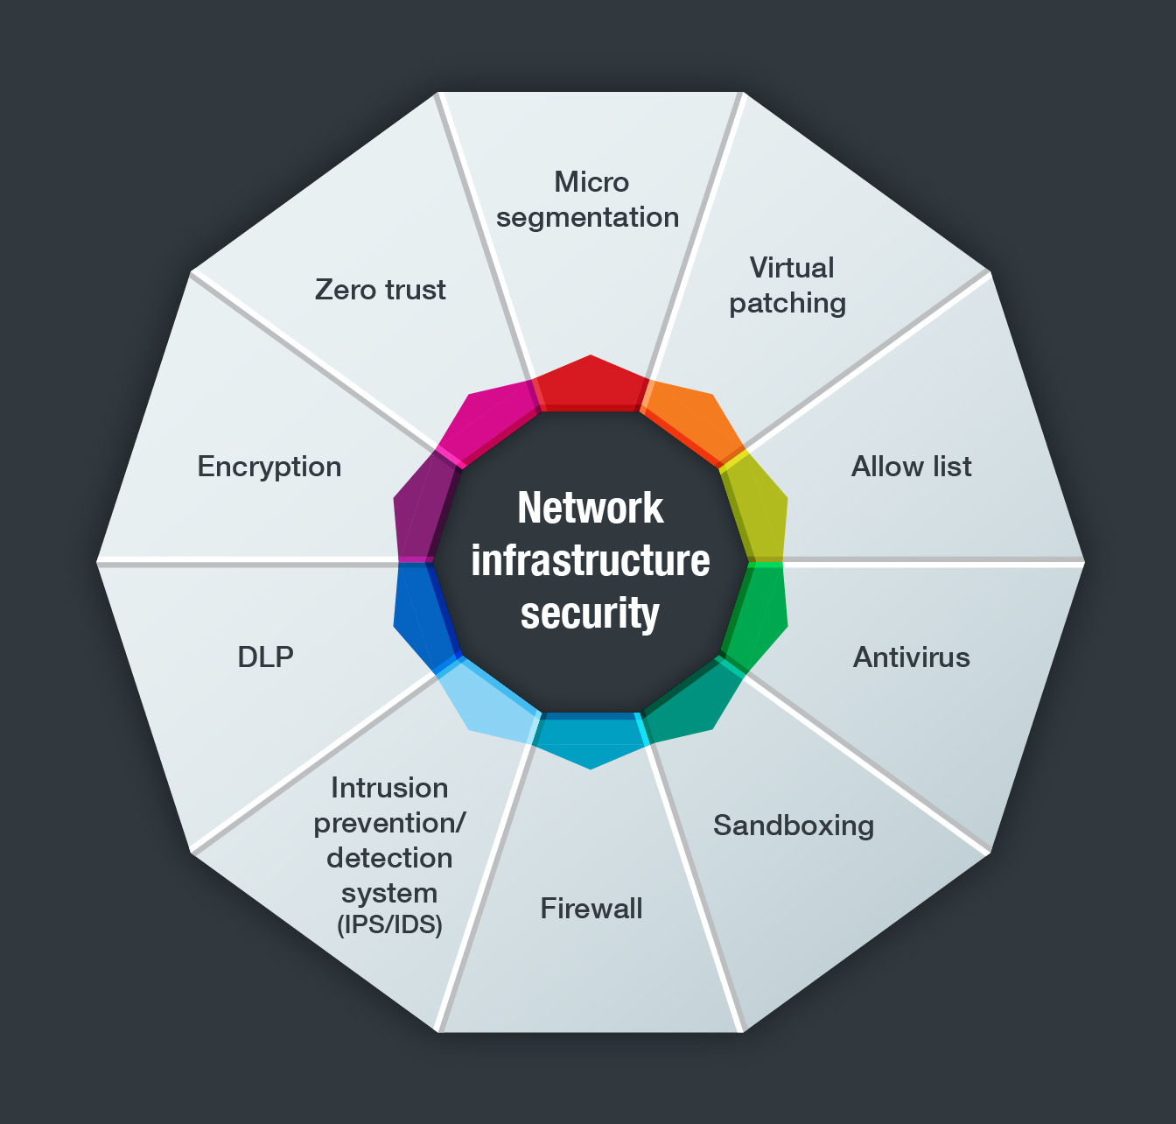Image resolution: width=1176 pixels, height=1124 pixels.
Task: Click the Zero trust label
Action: [x=380, y=290]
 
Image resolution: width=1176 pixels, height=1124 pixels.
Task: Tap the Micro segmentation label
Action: [x=588, y=200]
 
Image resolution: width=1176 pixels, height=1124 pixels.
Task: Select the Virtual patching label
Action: [x=788, y=285]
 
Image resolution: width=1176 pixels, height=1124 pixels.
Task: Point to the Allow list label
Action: [x=911, y=467]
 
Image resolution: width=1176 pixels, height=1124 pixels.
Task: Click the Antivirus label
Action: [x=911, y=657]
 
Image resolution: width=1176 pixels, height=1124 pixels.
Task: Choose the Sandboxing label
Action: [x=794, y=825]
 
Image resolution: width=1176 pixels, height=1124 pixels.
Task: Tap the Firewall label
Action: [x=591, y=909]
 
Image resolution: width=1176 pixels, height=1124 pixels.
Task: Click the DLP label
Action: [x=265, y=657]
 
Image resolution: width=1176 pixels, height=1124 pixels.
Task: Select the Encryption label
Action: [x=269, y=467]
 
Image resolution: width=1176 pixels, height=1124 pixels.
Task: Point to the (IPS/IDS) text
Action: [x=389, y=924]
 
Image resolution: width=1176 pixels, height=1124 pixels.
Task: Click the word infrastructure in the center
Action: [x=591, y=560]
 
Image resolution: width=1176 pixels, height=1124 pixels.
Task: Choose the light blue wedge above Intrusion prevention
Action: [x=486, y=700]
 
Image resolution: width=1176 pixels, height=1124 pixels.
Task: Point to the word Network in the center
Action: [x=591, y=509]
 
